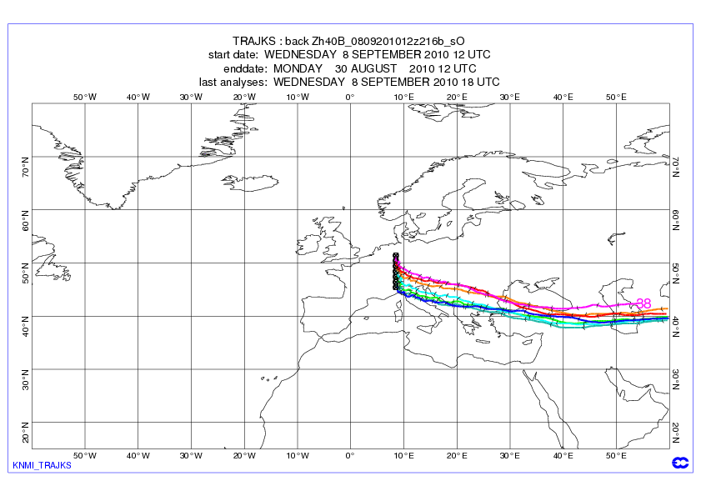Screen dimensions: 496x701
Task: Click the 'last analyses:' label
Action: point(233,82)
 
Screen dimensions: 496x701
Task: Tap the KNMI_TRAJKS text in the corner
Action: point(42,465)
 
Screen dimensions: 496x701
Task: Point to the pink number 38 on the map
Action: point(643,303)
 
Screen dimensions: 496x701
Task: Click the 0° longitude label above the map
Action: point(350,97)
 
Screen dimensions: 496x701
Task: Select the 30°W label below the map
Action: point(191,456)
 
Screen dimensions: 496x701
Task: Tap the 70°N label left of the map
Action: point(25,163)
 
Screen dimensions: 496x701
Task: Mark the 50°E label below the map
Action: point(616,456)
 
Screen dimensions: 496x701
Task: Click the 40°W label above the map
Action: point(138,97)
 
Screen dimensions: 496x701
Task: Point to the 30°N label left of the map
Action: point(25,379)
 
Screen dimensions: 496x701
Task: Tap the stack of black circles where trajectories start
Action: point(396,272)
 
